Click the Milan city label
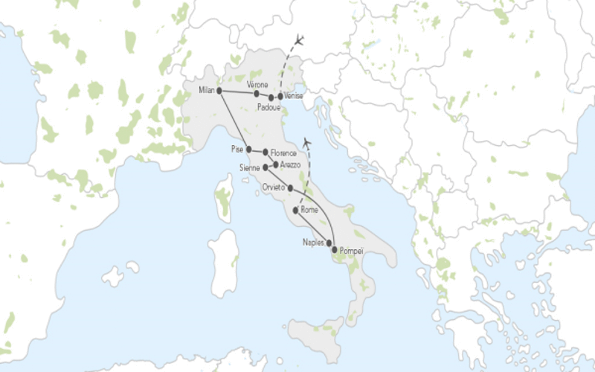206,91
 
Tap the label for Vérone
256,84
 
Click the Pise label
237,148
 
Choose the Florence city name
283,154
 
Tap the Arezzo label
291,164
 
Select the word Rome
309,211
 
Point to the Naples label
313,243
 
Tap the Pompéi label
351,251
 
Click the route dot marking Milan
219,91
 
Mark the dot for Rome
297,211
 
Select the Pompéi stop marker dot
335,250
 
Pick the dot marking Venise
280,97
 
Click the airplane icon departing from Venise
300,39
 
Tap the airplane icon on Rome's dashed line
307,143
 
